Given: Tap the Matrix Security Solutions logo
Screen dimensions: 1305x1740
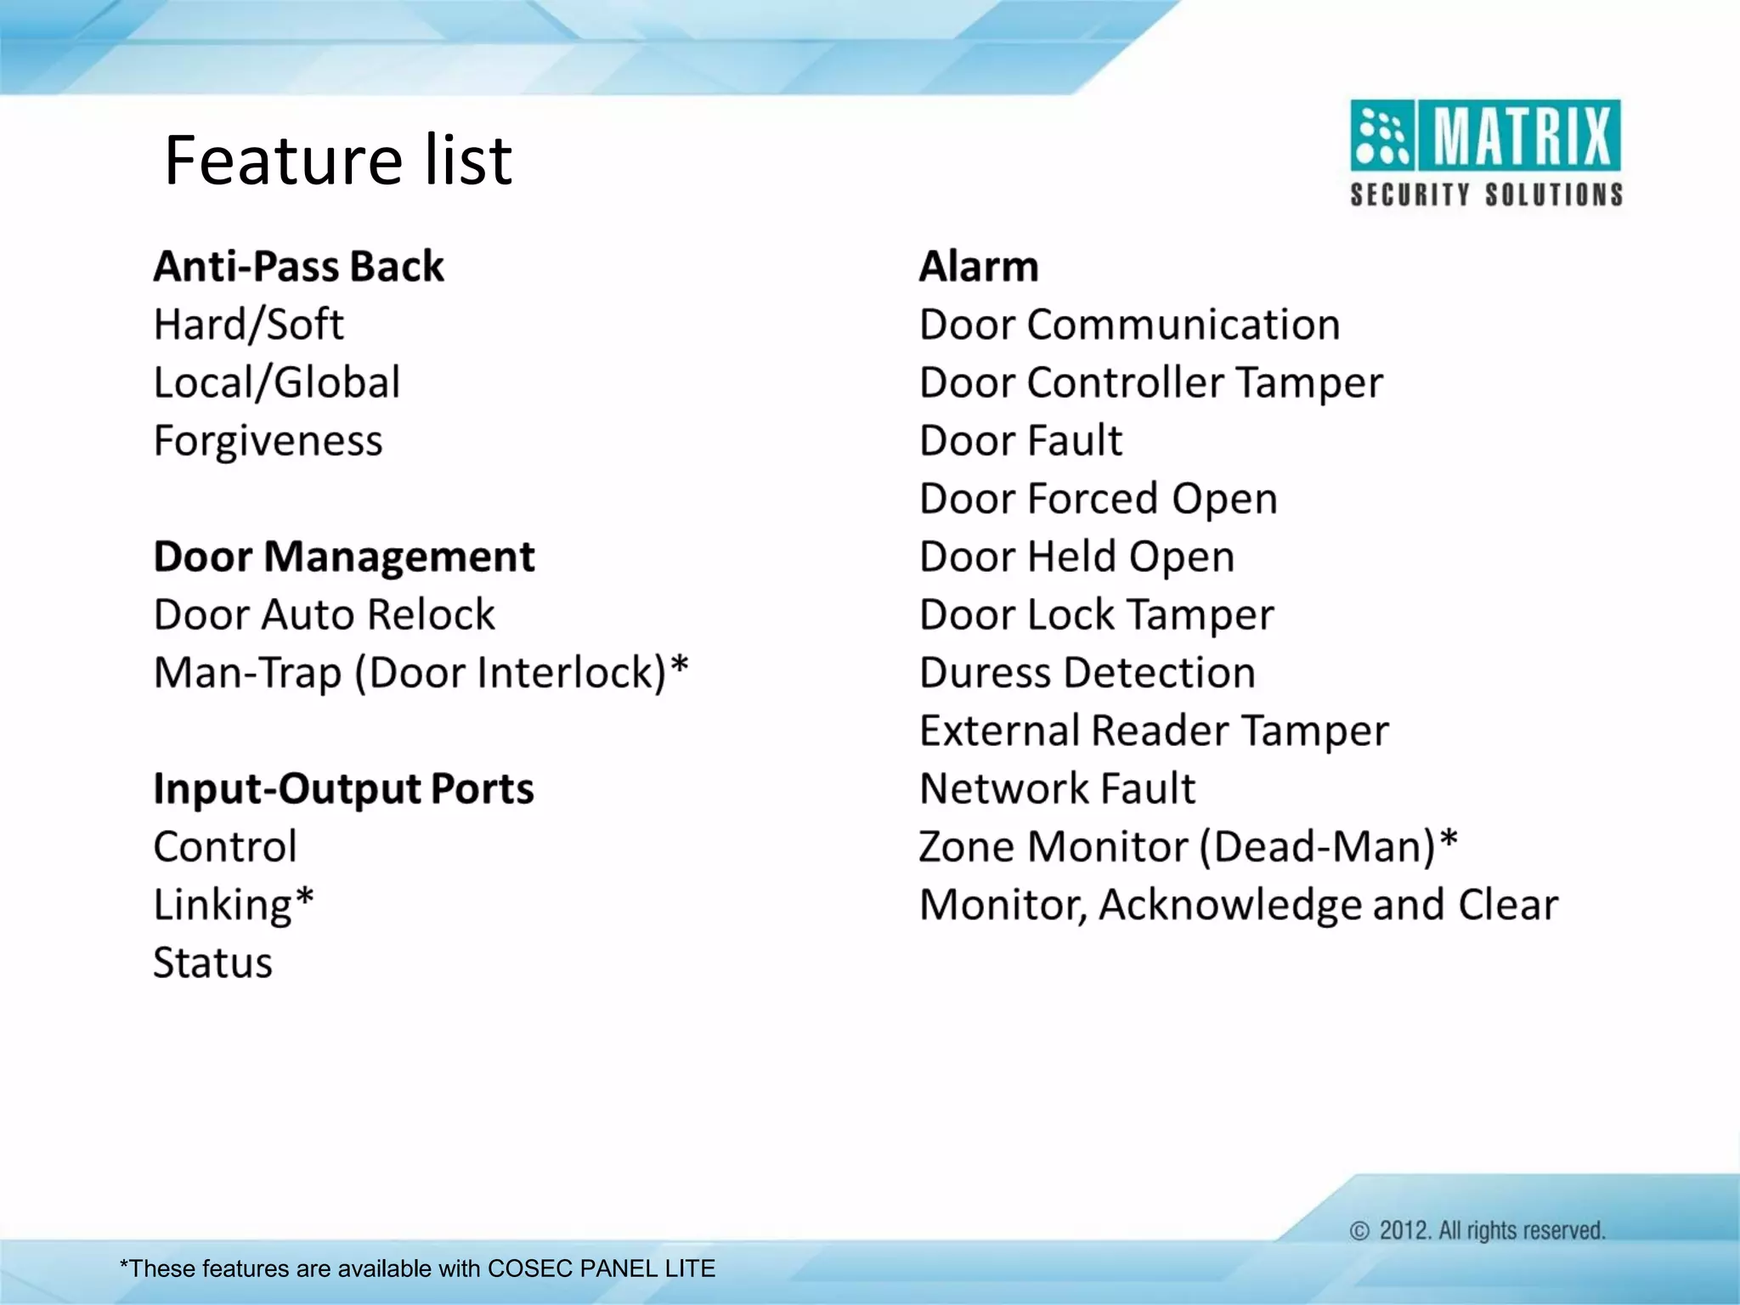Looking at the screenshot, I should pos(1485,153).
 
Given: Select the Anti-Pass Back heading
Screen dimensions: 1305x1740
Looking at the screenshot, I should pos(298,267).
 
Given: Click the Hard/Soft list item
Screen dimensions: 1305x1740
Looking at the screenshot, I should pos(248,325).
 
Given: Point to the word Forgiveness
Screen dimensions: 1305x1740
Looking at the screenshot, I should pos(268,441).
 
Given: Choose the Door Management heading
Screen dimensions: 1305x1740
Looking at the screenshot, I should pos(344,557).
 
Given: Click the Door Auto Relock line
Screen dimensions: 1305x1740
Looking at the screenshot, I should pos(324,615).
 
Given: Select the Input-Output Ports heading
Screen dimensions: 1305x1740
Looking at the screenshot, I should pos(343,789).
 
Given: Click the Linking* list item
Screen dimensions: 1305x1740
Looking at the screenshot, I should pos(234,905).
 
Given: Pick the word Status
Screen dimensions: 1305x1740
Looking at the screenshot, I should pos(212,963).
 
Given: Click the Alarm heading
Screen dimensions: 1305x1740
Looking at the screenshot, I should pos(979,267).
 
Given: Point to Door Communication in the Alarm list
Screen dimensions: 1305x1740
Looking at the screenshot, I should pos(1129,325).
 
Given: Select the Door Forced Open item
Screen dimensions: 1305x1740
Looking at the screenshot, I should pos(1098,499).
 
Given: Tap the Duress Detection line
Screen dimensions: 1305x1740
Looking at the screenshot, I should pos(1087,673).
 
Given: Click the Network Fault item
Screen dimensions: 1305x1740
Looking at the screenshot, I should pos(1057,789).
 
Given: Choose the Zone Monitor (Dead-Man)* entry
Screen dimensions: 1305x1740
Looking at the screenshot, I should pos(1188,847).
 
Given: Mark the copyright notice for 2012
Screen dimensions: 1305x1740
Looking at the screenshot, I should pos(1477,1231).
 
